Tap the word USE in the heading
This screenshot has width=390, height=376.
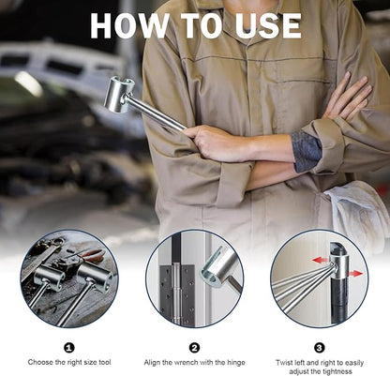(x=268, y=26)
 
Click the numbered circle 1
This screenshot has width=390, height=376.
(x=69, y=348)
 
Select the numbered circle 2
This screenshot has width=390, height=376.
(x=194, y=348)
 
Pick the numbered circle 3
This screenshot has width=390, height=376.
(x=319, y=348)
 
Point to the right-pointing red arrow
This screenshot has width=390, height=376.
(x=353, y=274)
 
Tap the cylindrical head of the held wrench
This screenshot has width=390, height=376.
(x=118, y=94)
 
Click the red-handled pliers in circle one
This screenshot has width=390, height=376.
(x=89, y=254)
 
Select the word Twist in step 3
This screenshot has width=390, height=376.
(x=284, y=363)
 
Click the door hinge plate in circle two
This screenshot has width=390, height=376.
(x=177, y=295)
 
